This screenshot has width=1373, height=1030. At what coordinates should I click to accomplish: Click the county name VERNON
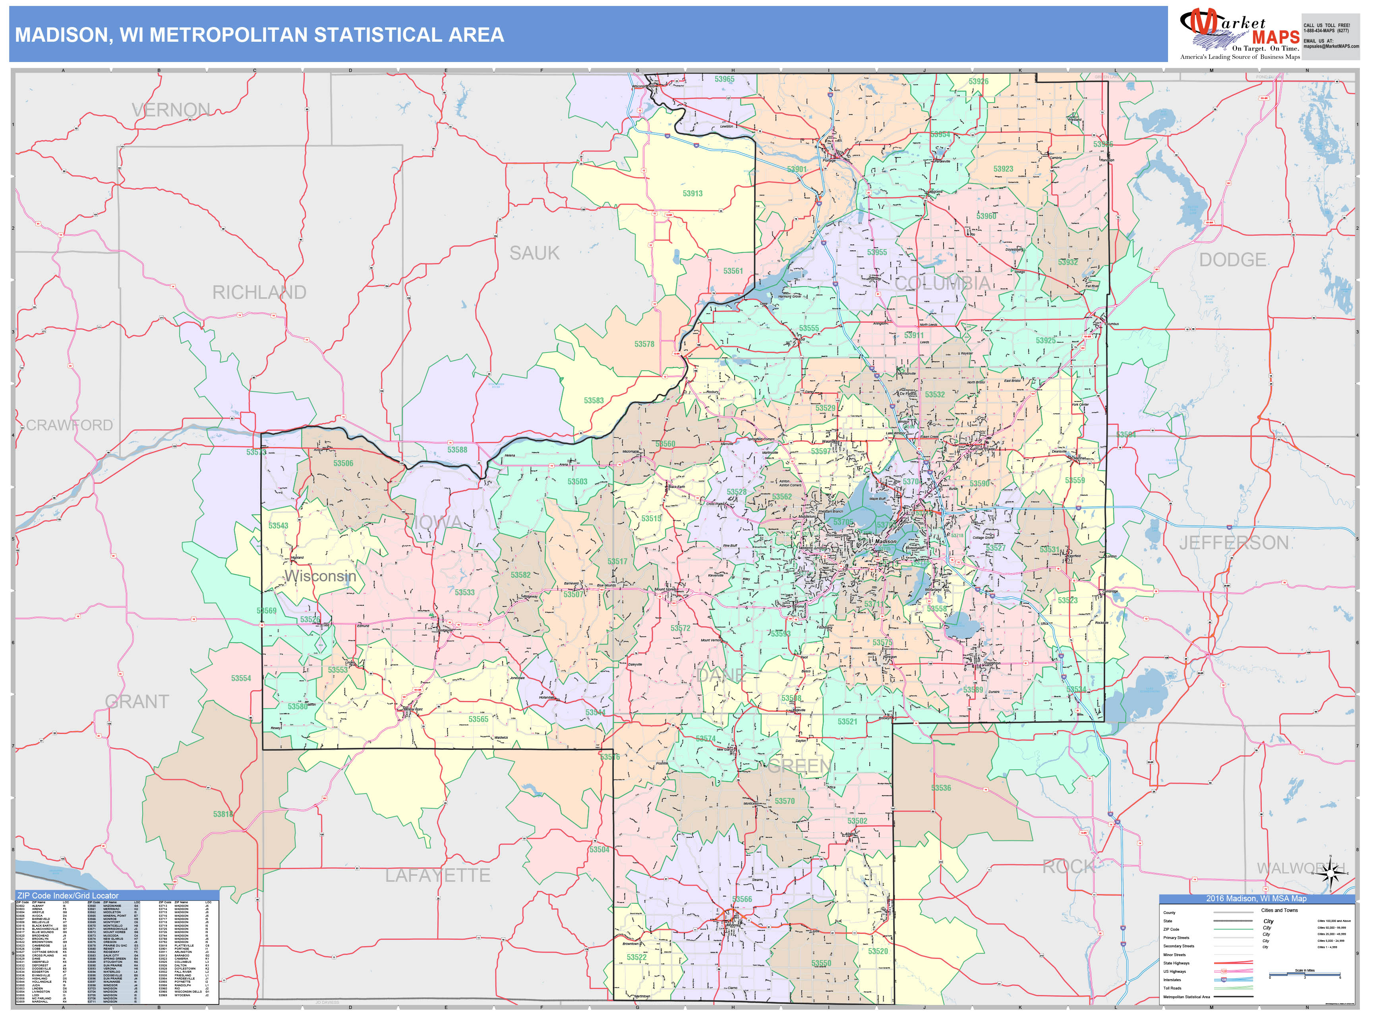[x=171, y=110]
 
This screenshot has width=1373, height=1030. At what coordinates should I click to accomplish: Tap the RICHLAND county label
[x=259, y=292]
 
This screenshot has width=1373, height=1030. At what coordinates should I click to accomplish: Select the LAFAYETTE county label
[x=437, y=875]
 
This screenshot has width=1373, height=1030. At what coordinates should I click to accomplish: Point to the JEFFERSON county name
[x=1234, y=543]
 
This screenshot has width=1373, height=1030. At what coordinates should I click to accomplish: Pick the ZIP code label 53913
[x=693, y=194]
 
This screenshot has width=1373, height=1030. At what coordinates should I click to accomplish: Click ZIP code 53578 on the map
[x=644, y=344]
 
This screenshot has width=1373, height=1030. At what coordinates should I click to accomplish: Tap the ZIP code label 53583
[x=594, y=401]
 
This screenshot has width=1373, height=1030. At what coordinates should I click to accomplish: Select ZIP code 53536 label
[x=941, y=788]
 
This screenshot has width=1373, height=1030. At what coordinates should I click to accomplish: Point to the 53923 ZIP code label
[x=1003, y=169]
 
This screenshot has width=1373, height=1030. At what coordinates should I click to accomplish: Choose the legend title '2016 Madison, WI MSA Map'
[x=1256, y=898]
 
